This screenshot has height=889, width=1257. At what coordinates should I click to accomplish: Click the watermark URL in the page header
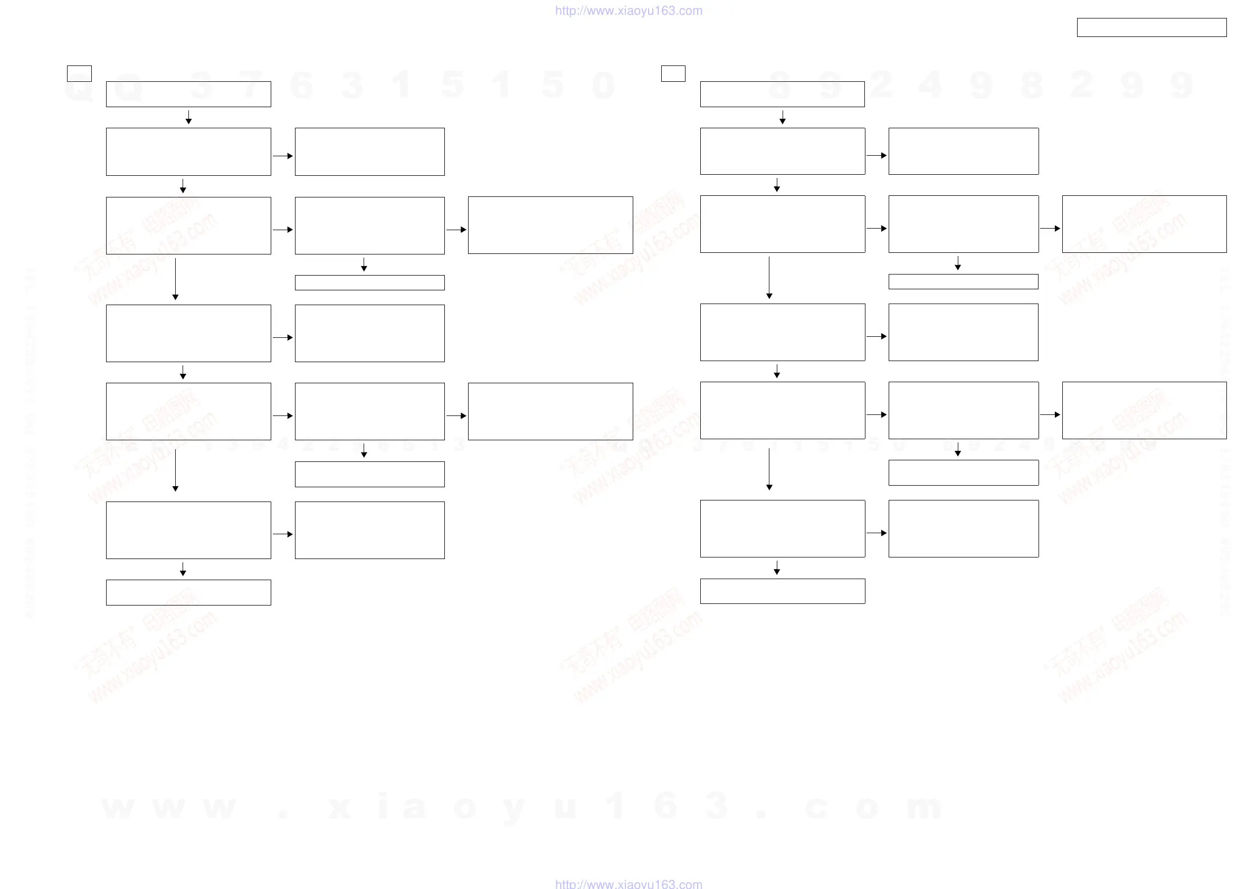tap(628, 11)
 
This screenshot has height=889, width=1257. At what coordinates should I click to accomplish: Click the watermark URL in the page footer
tap(628, 883)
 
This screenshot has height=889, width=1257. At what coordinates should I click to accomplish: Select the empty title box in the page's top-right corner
tap(1151, 27)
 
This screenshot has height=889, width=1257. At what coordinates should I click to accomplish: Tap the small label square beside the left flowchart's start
tap(79, 73)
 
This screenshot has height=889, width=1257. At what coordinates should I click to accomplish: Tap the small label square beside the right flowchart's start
tap(673, 73)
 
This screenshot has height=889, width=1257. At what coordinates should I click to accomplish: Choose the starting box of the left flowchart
tap(188, 94)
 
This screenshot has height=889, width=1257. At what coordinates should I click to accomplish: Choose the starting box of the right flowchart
tap(783, 94)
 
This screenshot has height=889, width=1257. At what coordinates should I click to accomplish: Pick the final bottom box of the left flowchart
tap(188, 592)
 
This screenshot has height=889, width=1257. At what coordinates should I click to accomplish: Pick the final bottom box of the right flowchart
tap(783, 591)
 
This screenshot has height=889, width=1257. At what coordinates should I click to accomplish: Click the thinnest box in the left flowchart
tap(369, 282)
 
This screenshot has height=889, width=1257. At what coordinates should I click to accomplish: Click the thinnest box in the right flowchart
tap(963, 281)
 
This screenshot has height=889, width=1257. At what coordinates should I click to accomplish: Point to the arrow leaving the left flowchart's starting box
tap(188, 117)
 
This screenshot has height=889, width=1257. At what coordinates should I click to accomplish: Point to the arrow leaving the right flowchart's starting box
tap(783, 117)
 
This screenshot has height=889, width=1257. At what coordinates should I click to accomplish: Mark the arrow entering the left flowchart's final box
tap(183, 569)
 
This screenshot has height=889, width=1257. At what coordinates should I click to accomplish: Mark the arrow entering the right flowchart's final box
tap(776, 568)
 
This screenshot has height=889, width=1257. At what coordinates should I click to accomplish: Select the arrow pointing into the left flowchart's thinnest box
tap(364, 264)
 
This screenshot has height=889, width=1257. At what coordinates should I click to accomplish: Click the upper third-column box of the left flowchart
tap(550, 225)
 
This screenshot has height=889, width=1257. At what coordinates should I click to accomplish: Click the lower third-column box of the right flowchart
tap(1144, 410)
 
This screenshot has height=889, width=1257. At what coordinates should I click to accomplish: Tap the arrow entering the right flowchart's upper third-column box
tap(1050, 229)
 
